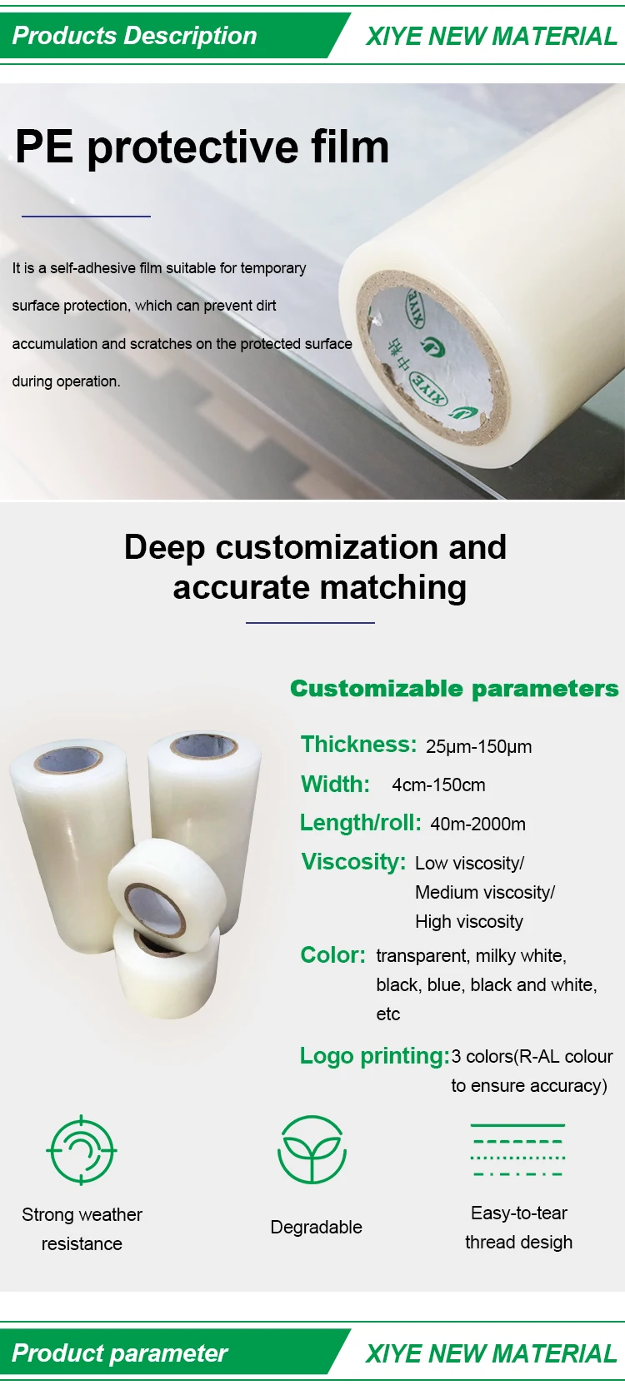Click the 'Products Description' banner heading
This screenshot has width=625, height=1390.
click(134, 36)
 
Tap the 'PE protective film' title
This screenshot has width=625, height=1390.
click(202, 147)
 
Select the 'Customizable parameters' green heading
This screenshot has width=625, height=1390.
click(454, 689)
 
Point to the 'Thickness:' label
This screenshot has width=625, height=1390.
click(358, 744)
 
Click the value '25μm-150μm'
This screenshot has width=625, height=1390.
click(478, 746)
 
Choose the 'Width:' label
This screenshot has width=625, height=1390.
click(335, 784)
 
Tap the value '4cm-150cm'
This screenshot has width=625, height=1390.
click(438, 785)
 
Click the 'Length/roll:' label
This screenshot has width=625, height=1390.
click(360, 823)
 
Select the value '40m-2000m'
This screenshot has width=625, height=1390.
click(477, 824)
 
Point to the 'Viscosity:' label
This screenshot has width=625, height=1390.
click(353, 861)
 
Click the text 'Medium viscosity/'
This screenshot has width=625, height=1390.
click(485, 892)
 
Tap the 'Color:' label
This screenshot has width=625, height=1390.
click(332, 954)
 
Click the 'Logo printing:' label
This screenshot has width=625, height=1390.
click(374, 1055)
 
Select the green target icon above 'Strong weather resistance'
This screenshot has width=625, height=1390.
click(82, 1150)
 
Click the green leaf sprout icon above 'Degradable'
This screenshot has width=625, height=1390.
click(312, 1150)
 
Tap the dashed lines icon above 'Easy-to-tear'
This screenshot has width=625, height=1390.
click(517, 1150)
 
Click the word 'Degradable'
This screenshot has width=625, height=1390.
click(316, 1227)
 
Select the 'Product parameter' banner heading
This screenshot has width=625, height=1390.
click(119, 1353)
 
